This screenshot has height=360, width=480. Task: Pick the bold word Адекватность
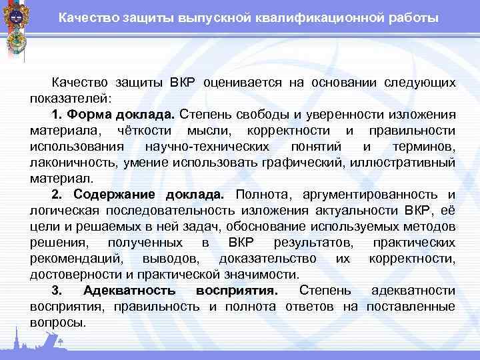click(x=130, y=291)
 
